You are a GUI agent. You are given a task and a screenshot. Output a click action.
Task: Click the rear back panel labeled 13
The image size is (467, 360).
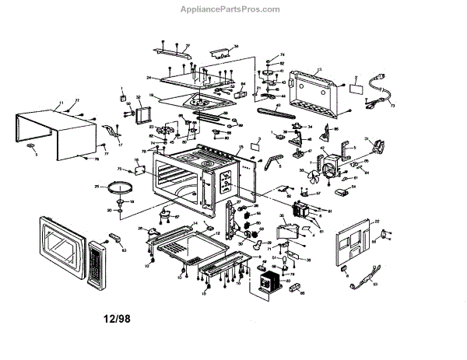tap(315, 93)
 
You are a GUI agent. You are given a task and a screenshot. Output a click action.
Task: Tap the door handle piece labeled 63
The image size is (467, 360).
tap(114, 236)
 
